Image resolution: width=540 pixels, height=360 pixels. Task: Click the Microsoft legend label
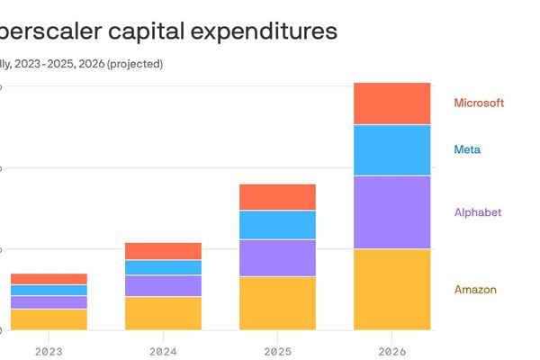[x=478, y=103]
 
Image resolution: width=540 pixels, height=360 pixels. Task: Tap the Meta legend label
[x=467, y=149]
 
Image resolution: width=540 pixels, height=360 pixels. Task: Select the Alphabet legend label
[x=477, y=212]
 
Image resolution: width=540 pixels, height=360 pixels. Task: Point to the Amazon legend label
[x=475, y=290]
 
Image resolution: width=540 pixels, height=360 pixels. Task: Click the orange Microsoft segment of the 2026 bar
[x=391, y=103]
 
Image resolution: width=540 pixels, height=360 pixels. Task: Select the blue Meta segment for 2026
[x=391, y=150]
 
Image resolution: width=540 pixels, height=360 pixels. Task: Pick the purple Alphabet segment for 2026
[x=391, y=212]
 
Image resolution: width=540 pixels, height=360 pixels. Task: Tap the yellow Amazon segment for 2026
[x=391, y=290]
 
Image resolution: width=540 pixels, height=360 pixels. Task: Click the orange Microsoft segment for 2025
[x=277, y=197]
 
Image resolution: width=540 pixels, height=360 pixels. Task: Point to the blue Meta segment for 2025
[x=277, y=225]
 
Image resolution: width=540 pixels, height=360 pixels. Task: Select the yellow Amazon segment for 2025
[x=277, y=303]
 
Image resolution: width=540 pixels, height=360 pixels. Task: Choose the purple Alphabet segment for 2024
[x=163, y=285]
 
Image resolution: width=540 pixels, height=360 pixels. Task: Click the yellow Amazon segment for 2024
[x=163, y=313]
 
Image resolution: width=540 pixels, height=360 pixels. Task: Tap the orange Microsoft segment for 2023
[x=49, y=279]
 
